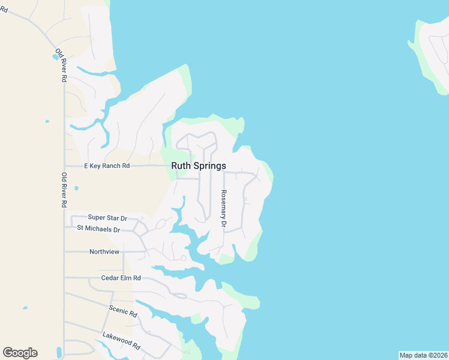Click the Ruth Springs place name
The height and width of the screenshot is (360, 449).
tap(199, 166)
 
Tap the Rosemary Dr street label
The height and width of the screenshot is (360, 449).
tap(223, 208)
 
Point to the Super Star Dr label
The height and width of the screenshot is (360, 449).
tap(108, 217)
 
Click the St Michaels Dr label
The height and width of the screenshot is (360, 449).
tap(98, 229)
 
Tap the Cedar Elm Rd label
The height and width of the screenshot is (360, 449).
tap(121, 278)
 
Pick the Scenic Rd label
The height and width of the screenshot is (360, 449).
tap(123, 311)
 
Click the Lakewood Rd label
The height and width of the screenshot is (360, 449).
tap(121, 341)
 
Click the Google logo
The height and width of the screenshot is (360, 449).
tap(20, 353)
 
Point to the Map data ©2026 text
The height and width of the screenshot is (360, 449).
tap(423, 355)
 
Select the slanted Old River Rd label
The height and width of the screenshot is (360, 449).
tap(62, 65)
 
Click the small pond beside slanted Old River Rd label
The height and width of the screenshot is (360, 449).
tap(56, 57)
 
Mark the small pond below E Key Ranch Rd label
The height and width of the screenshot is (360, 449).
tap(76, 188)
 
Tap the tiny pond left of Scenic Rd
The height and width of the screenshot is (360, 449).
tap(25, 308)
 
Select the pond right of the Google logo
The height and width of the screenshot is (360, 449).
tap(59, 352)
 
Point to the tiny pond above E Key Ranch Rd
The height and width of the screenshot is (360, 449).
tap(47, 121)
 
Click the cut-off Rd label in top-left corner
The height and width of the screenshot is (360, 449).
tap(4, 9)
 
